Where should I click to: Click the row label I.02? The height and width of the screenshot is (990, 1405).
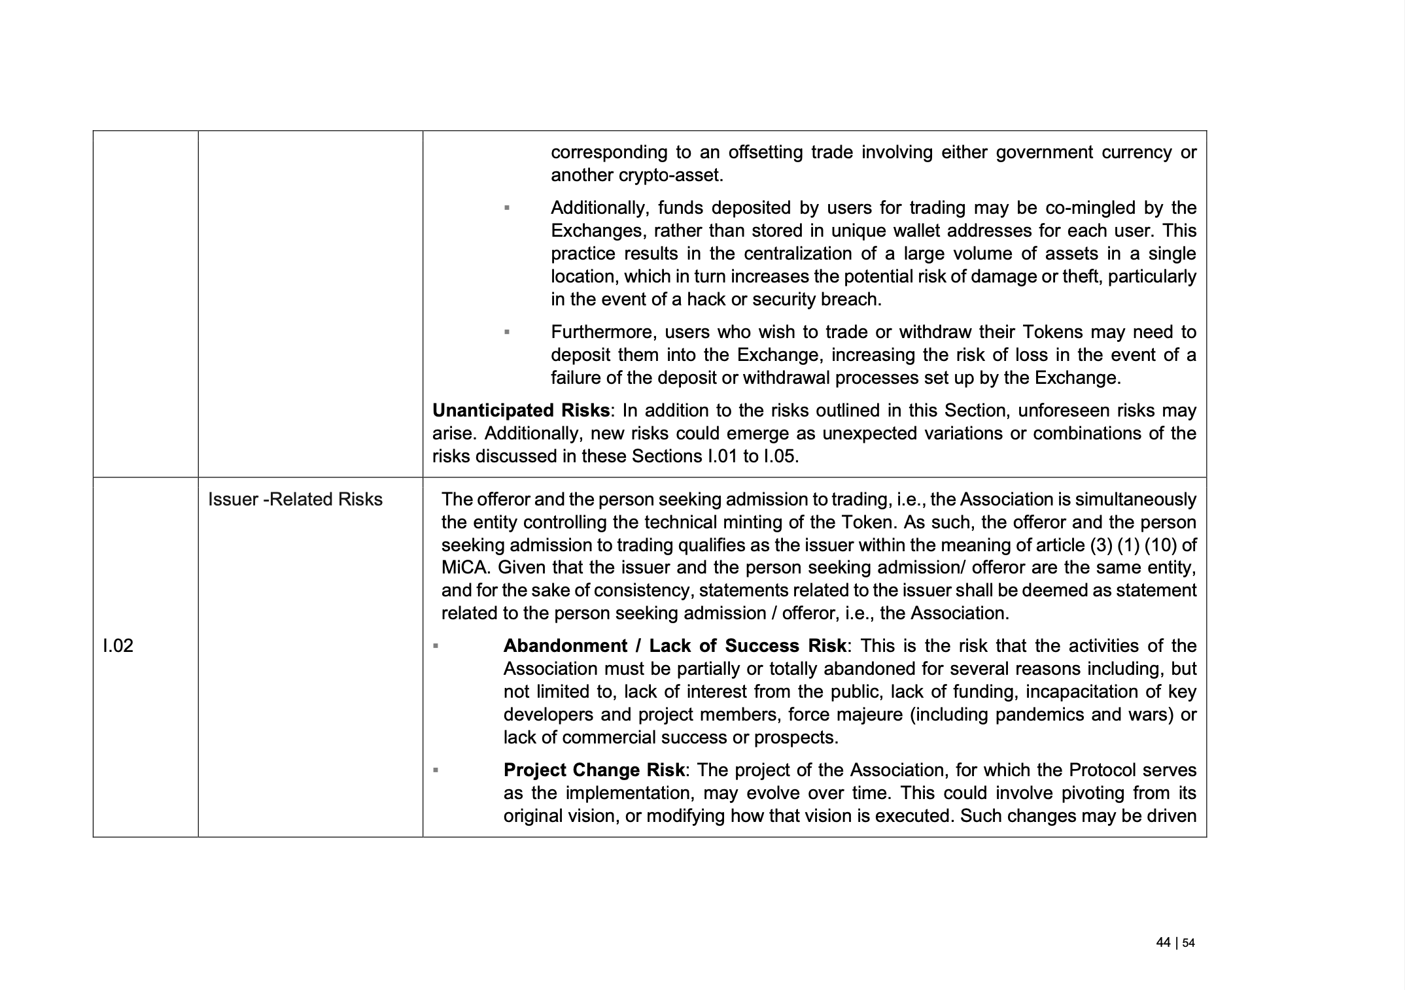coord(118,646)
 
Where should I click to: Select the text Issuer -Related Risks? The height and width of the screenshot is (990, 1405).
coord(295,500)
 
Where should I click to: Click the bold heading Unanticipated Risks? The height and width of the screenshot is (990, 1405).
coord(521,411)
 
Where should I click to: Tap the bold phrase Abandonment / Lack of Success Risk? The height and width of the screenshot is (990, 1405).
coord(674,646)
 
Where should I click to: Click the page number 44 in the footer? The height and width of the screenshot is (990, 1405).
coord(1163,942)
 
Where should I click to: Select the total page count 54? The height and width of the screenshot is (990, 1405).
coord(1188,943)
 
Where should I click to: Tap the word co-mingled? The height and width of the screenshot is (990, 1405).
coord(1089,208)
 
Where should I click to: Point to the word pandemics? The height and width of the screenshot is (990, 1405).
coord(1037,715)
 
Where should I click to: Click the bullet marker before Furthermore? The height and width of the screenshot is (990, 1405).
coord(507,332)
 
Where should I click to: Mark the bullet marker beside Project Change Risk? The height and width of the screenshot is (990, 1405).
coord(435,770)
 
